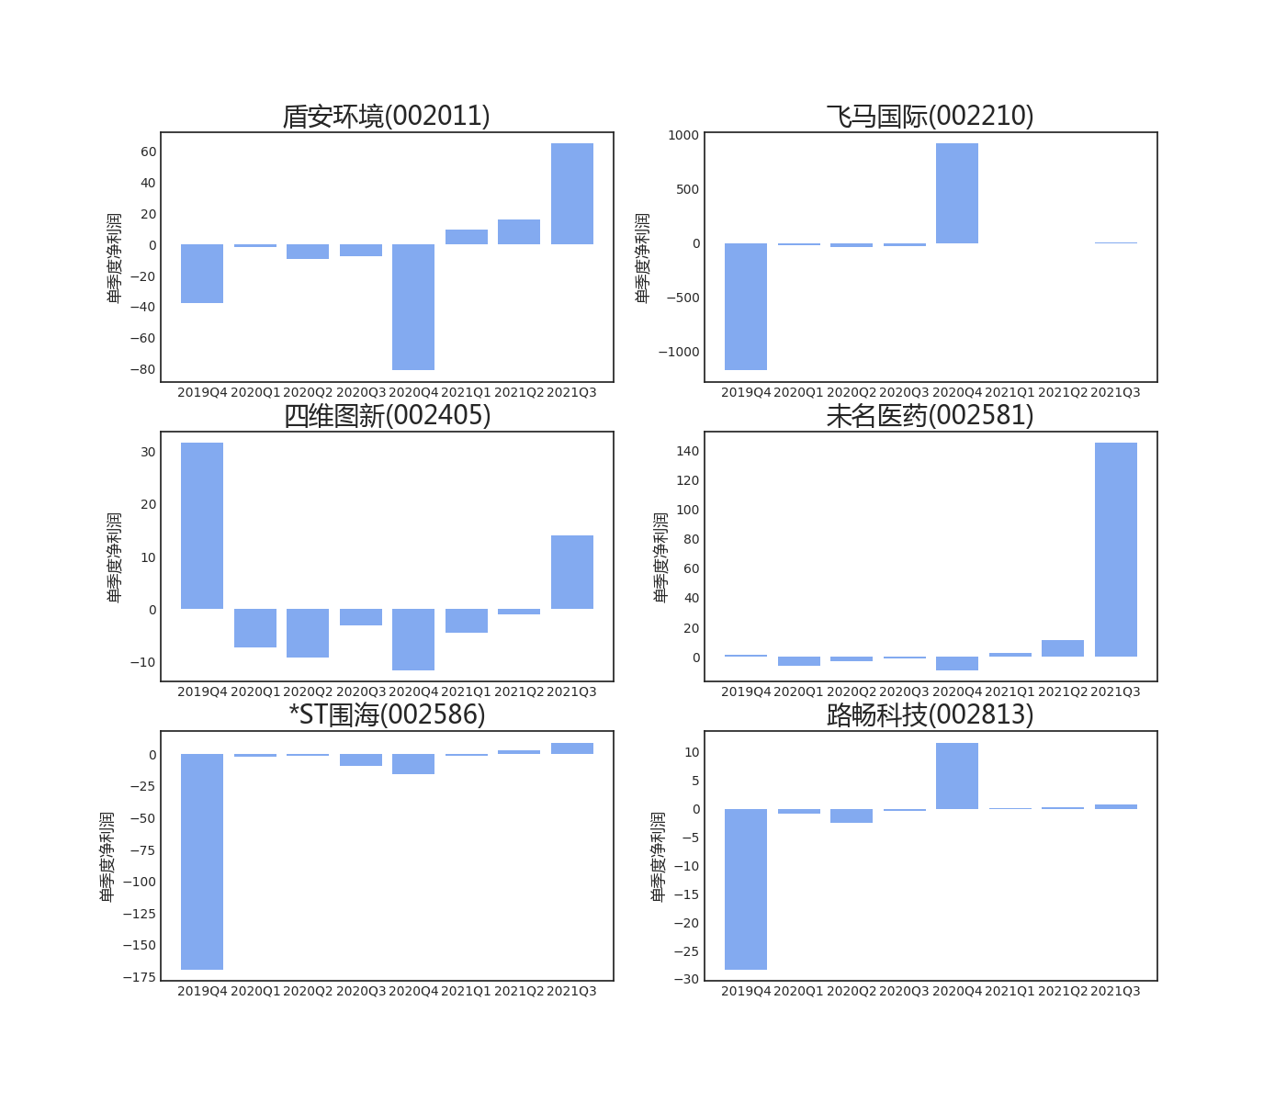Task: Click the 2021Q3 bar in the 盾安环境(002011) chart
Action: point(571,194)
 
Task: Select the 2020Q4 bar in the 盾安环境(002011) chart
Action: point(413,307)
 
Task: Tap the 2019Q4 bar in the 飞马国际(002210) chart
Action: point(746,307)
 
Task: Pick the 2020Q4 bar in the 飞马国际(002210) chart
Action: point(957,194)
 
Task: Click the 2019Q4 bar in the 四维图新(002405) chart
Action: point(202,525)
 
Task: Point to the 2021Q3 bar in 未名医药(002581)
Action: point(1115,549)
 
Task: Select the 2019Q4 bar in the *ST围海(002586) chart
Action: point(202,861)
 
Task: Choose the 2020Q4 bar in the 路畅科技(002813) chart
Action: point(957,776)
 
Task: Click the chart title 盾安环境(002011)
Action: point(387,117)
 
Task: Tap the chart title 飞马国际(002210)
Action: point(931,117)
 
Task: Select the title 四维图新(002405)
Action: point(387,416)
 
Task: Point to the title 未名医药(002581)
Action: point(931,416)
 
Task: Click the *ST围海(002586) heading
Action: point(387,714)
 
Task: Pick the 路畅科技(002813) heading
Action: point(931,714)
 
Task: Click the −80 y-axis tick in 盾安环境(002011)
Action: point(142,370)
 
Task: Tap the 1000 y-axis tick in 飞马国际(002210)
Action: point(683,135)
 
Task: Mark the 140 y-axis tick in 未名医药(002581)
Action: point(687,451)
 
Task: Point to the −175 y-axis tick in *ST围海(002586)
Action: point(139,978)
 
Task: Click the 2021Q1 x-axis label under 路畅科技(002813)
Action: point(1010,991)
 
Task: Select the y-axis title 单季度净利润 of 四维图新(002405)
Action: point(114,557)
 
